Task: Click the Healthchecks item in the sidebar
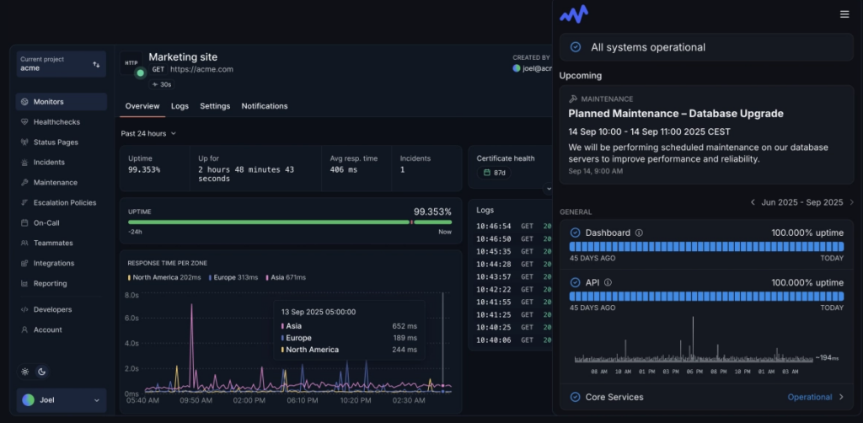coord(56,122)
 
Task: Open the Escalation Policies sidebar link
coord(64,203)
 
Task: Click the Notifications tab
coord(264,106)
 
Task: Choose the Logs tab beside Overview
coord(180,106)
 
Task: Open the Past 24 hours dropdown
coord(148,133)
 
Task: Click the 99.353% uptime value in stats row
coord(144,169)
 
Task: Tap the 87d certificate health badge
coord(494,173)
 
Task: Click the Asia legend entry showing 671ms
coord(287,277)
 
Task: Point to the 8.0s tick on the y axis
coord(131,296)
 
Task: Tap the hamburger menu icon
coord(844,14)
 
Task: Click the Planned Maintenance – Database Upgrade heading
coord(676,113)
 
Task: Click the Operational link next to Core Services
coord(809,397)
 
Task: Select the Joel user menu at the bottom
coord(62,399)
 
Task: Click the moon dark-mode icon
coord(42,372)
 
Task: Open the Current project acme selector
coord(62,64)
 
